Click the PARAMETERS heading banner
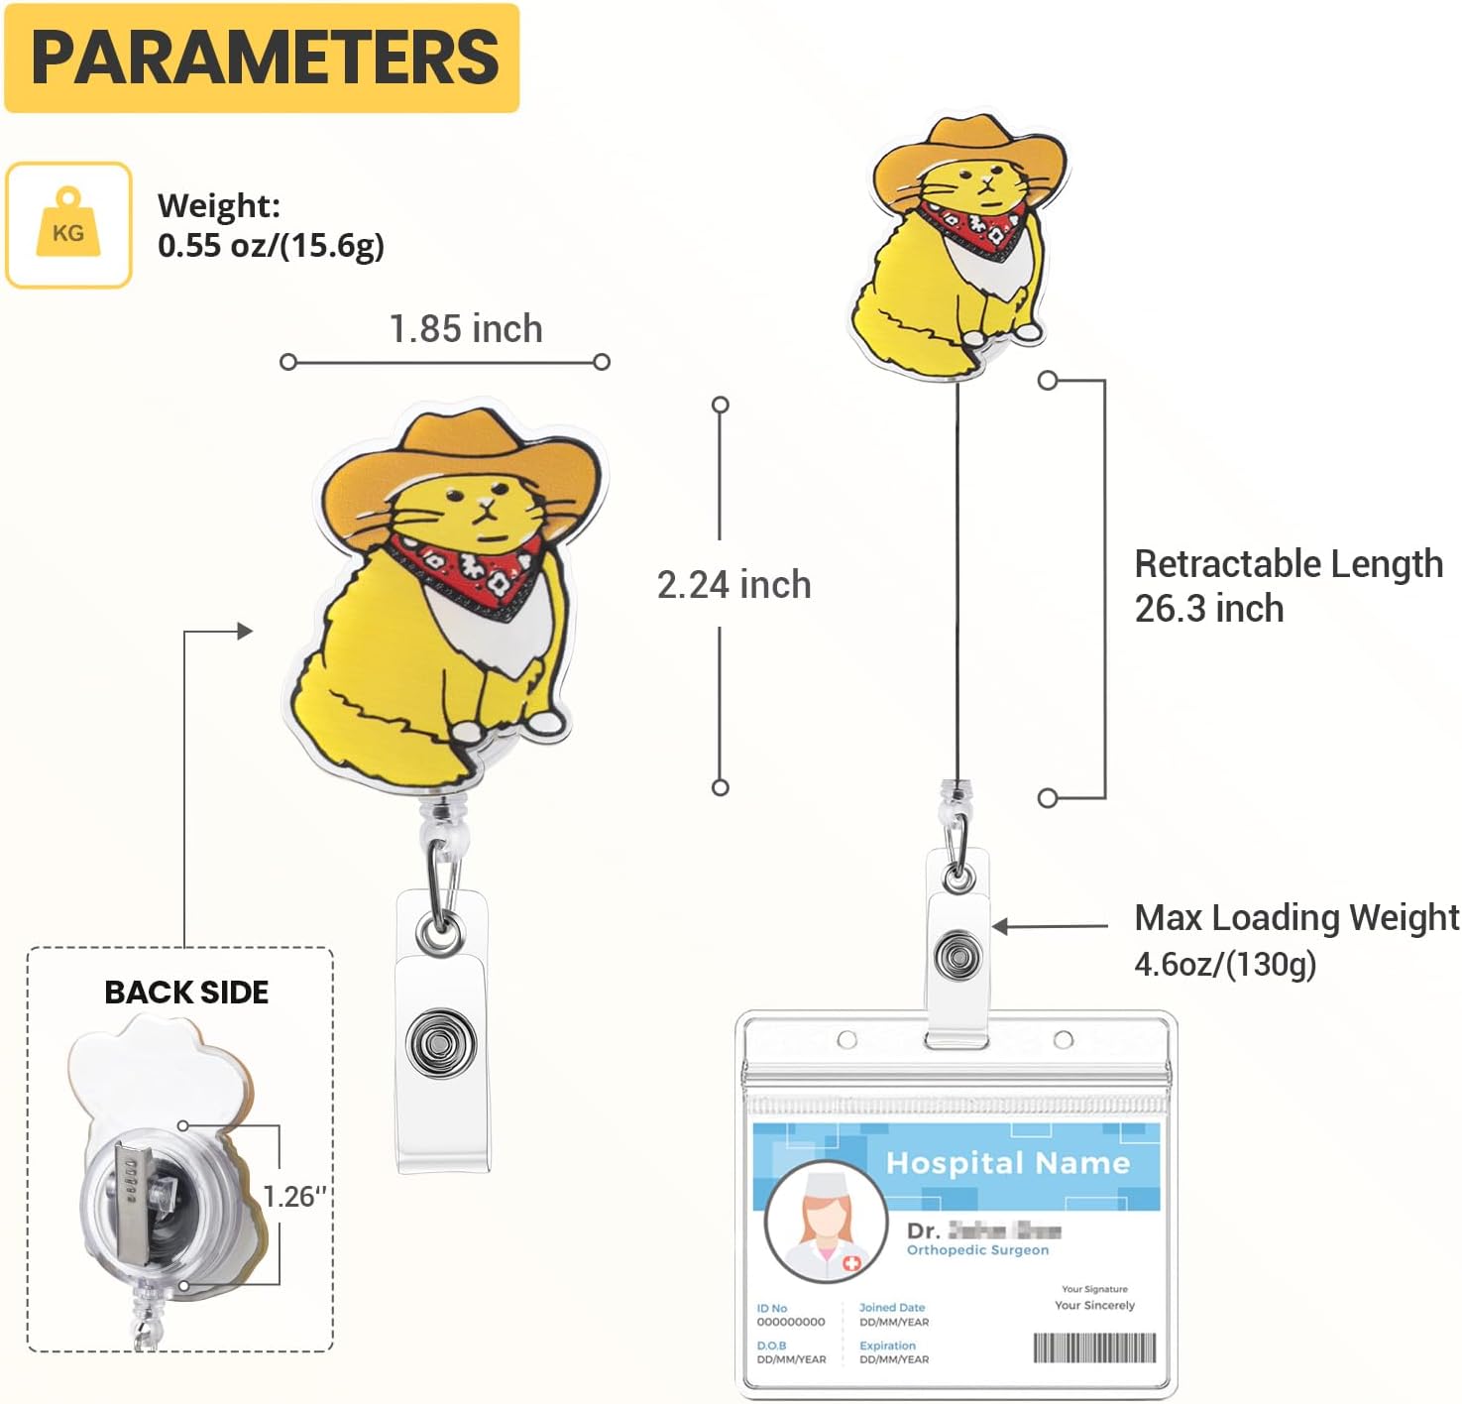pyautogui.click(x=262, y=58)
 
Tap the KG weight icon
pyautogui.click(x=68, y=225)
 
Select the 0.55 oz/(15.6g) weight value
pyautogui.click(x=271, y=245)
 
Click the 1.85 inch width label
pyautogui.click(x=466, y=328)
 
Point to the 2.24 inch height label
pyautogui.click(x=734, y=584)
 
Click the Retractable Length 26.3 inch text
pyautogui.click(x=1288, y=586)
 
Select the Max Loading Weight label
pyautogui.click(x=1296, y=918)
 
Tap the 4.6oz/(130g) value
pyautogui.click(x=1225, y=963)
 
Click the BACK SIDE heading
pyautogui.click(x=186, y=992)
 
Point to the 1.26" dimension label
pyautogui.click(x=293, y=1196)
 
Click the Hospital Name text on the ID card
pyautogui.click(x=1008, y=1162)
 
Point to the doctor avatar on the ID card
pyautogui.click(x=826, y=1222)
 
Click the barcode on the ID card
pyautogui.click(x=1094, y=1348)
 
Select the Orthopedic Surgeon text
pyautogui.click(x=977, y=1250)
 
